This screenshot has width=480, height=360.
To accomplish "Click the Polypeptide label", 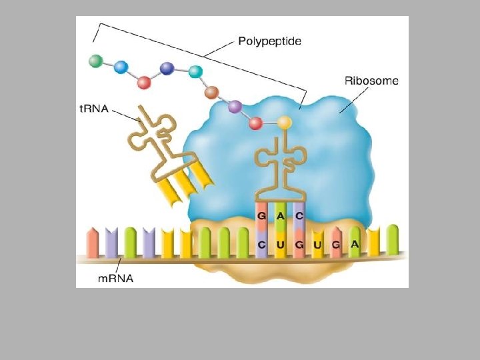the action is [269, 41].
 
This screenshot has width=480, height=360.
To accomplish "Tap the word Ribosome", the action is [371, 81].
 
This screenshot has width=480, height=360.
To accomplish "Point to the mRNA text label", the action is [116, 278].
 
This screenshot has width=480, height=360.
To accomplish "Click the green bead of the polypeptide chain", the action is [97, 61].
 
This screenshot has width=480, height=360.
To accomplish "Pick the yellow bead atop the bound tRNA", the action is [285, 122].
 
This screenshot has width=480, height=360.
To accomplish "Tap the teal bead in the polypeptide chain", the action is [195, 71].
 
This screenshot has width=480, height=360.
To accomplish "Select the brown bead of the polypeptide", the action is [212, 92].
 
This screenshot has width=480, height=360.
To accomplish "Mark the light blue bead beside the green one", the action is [121, 66].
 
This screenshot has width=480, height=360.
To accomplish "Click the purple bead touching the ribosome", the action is [234, 105].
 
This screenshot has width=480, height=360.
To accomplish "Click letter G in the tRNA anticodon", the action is [263, 215].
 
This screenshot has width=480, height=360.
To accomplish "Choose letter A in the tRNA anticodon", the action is [281, 215].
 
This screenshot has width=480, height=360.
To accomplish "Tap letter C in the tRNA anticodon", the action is [299, 215].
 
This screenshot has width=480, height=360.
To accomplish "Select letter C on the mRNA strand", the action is [263, 245].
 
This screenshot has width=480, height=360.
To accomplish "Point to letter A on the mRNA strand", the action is [355, 245].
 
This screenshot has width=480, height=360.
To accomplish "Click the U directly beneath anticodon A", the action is [281, 245].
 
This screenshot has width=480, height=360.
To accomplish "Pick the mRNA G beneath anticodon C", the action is [299, 245].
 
